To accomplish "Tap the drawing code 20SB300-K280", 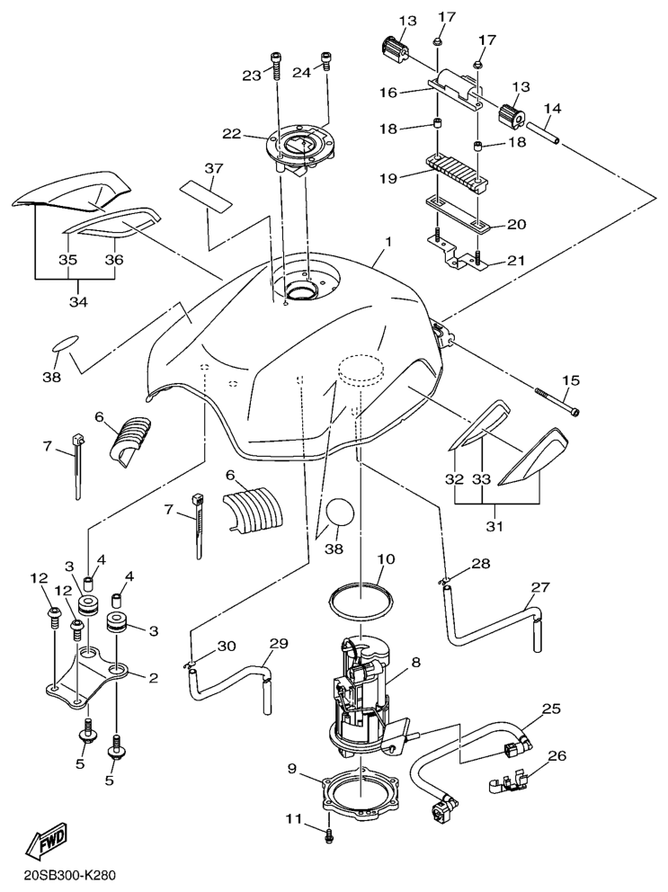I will [69, 875].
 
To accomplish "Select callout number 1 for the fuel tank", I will [388, 242].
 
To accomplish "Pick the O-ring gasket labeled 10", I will [360, 600].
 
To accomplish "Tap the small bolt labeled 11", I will [329, 836].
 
